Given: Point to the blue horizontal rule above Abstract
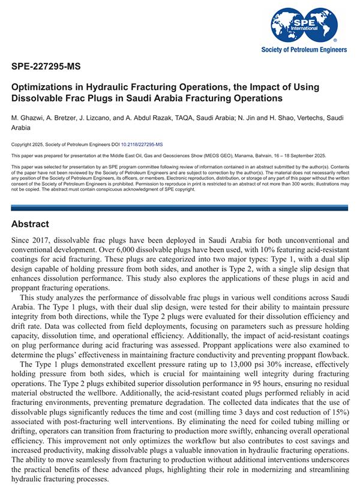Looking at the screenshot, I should [x=180, y=208].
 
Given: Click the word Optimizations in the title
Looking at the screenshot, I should [x=43, y=87].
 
